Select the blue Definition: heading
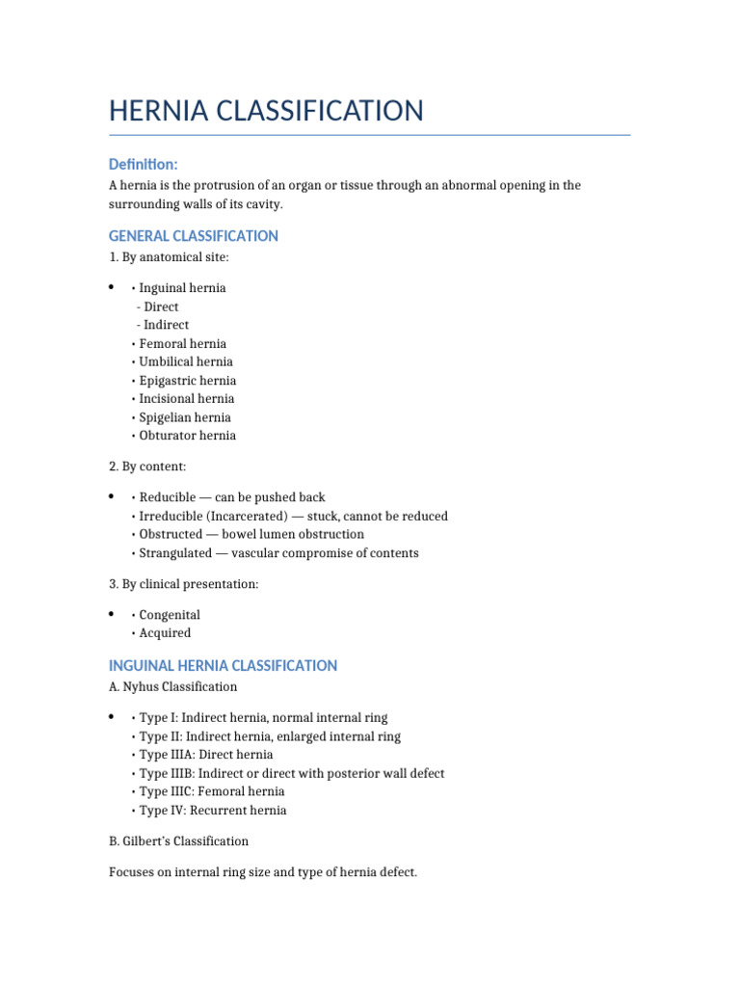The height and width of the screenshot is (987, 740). coord(143,165)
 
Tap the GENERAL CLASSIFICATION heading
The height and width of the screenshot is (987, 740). coord(194,236)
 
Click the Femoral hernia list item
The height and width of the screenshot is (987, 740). coord(182,343)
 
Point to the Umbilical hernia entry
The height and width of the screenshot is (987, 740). coord(185,361)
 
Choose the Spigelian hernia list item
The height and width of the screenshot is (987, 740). coord(184,417)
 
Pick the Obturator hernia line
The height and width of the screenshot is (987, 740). coord(187,436)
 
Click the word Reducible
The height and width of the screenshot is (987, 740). coord(168,497)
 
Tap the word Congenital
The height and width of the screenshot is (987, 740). coord(170,615)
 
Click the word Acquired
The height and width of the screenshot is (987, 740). coord(165,633)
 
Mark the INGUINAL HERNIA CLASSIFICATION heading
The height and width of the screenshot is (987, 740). coord(224,666)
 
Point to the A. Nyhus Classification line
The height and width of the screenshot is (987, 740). coord(173,687)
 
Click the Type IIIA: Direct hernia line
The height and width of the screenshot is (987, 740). coord(205,755)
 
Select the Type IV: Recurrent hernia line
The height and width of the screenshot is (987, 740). coord(212,811)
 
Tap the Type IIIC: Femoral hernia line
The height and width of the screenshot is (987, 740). coord(213,792)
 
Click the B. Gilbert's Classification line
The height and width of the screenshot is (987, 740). coord(179,841)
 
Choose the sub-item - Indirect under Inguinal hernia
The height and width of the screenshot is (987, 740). coord(163,325)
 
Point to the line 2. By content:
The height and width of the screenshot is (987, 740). coord(147,467)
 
